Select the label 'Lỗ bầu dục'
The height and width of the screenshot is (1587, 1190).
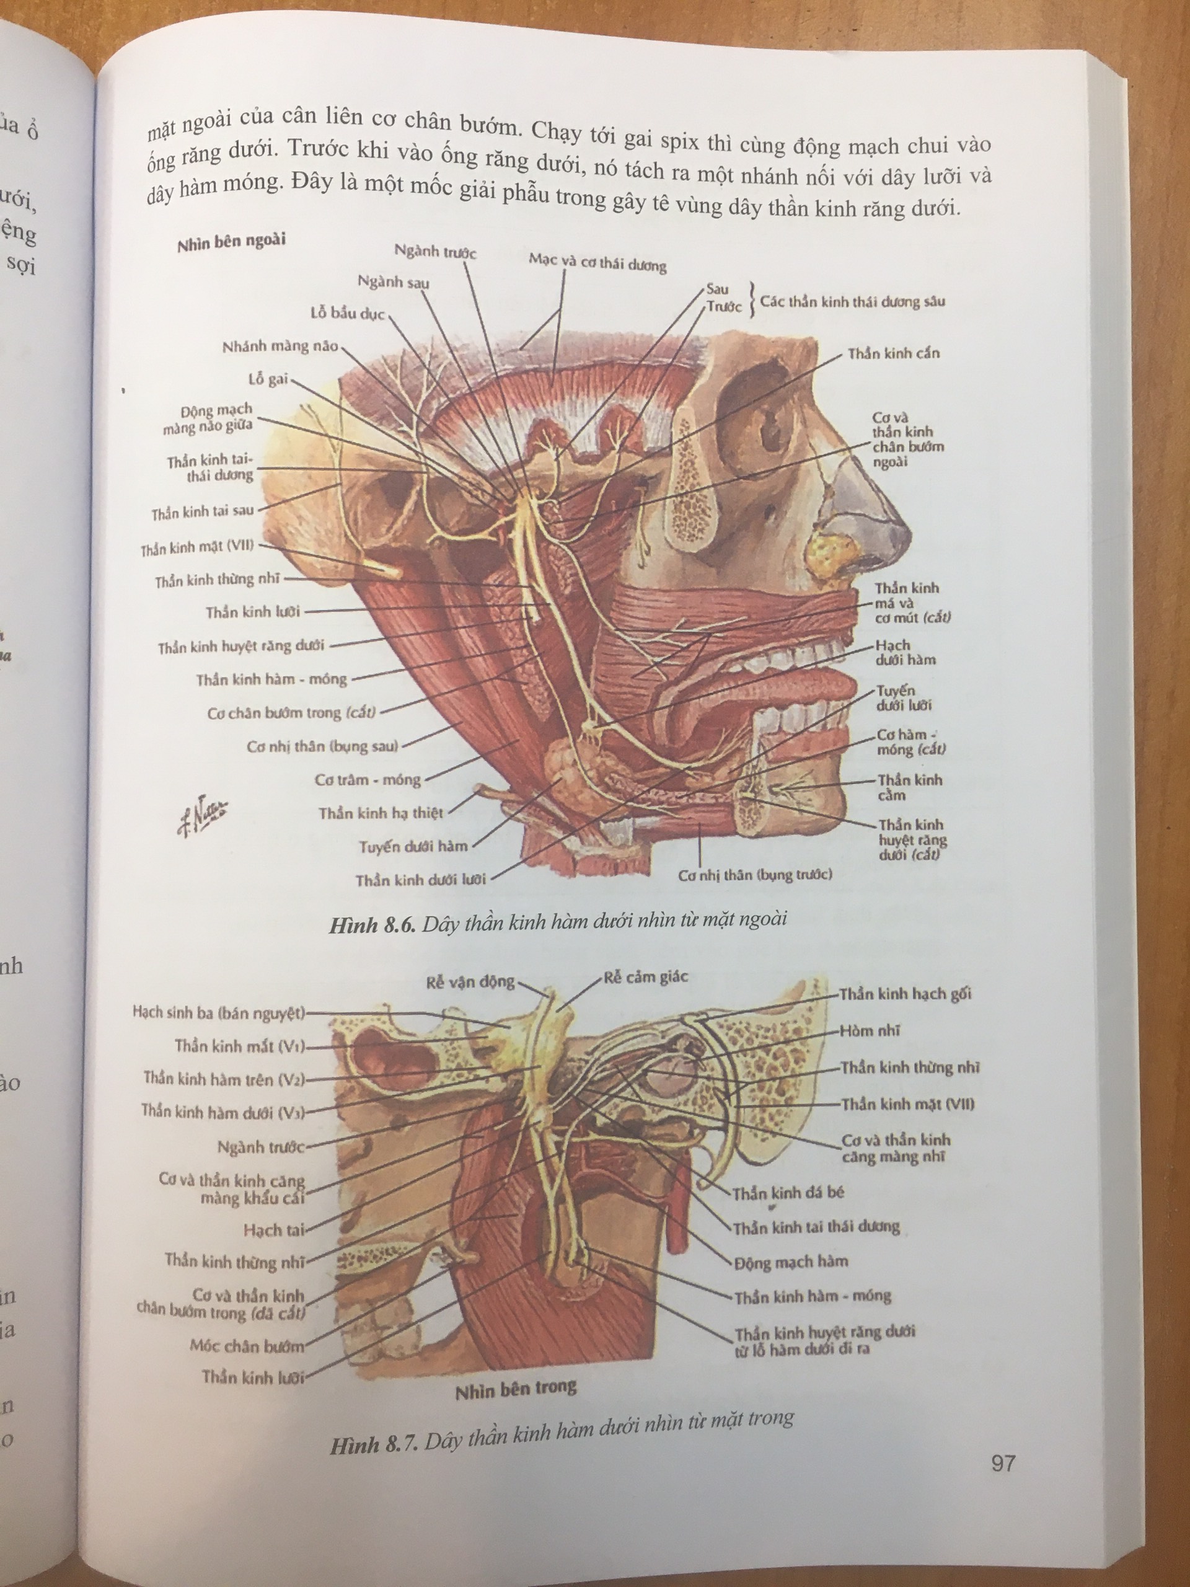click(348, 314)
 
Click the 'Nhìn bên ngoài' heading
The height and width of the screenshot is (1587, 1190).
click(231, 242)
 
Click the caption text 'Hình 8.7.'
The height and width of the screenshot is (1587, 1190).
click(374, 1444)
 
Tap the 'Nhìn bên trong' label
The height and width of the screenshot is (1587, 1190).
click(516, 1389)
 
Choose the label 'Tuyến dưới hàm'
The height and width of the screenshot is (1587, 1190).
click(413, 847)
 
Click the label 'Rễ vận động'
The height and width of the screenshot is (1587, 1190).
click(470, 982)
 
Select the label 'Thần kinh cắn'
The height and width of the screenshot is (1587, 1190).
click(893, 354)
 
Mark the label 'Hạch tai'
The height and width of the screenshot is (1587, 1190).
click(273, 1231)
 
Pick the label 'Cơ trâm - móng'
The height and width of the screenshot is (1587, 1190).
click(368, 780)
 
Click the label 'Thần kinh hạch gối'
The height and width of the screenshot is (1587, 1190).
click(906, 994)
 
